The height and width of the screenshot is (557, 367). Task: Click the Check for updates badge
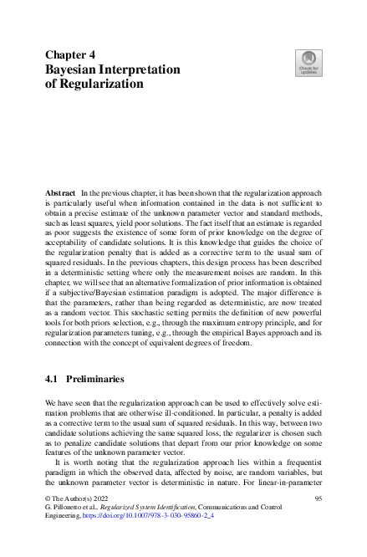tap(308, 64)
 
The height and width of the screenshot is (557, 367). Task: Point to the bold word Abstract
tap(60, 192)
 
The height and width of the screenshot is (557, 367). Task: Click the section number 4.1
tap(52, 379)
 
